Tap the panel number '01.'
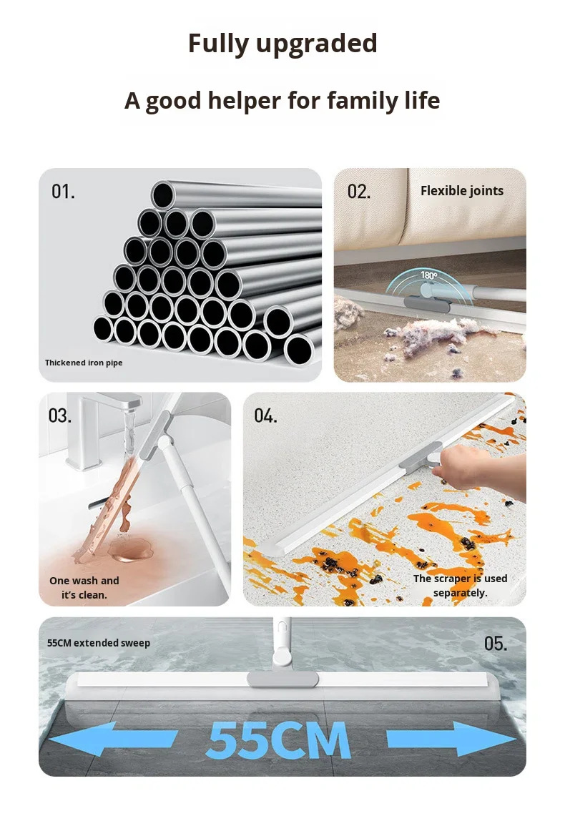pyautogui.click(x=63, y=192)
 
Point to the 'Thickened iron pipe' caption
pyautogui.click(x=84, y=363)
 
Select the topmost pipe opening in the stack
pyautogui.click(x=163, y=195)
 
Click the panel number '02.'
pyautogui.click(x=359, y=192)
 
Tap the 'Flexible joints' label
pyautogui.click(x=462, y=191)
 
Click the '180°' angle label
pyautogui.click(x=428, y=275)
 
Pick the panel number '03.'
pyautogui.click(x=60, y=416)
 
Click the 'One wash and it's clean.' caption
pyautogui.click(x=84, y=588)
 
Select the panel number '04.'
pyautogui.click(x=266, y=416)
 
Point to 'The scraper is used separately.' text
pyautogui.click(x=461, y=586)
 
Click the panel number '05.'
pyautogui.click(x=496, y=644)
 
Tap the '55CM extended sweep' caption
pyautogui.click(x=98, y=643)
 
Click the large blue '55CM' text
pyautogui.click(x=278, y=739)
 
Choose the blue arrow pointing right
pyautogui.click(x=451, y=739)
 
